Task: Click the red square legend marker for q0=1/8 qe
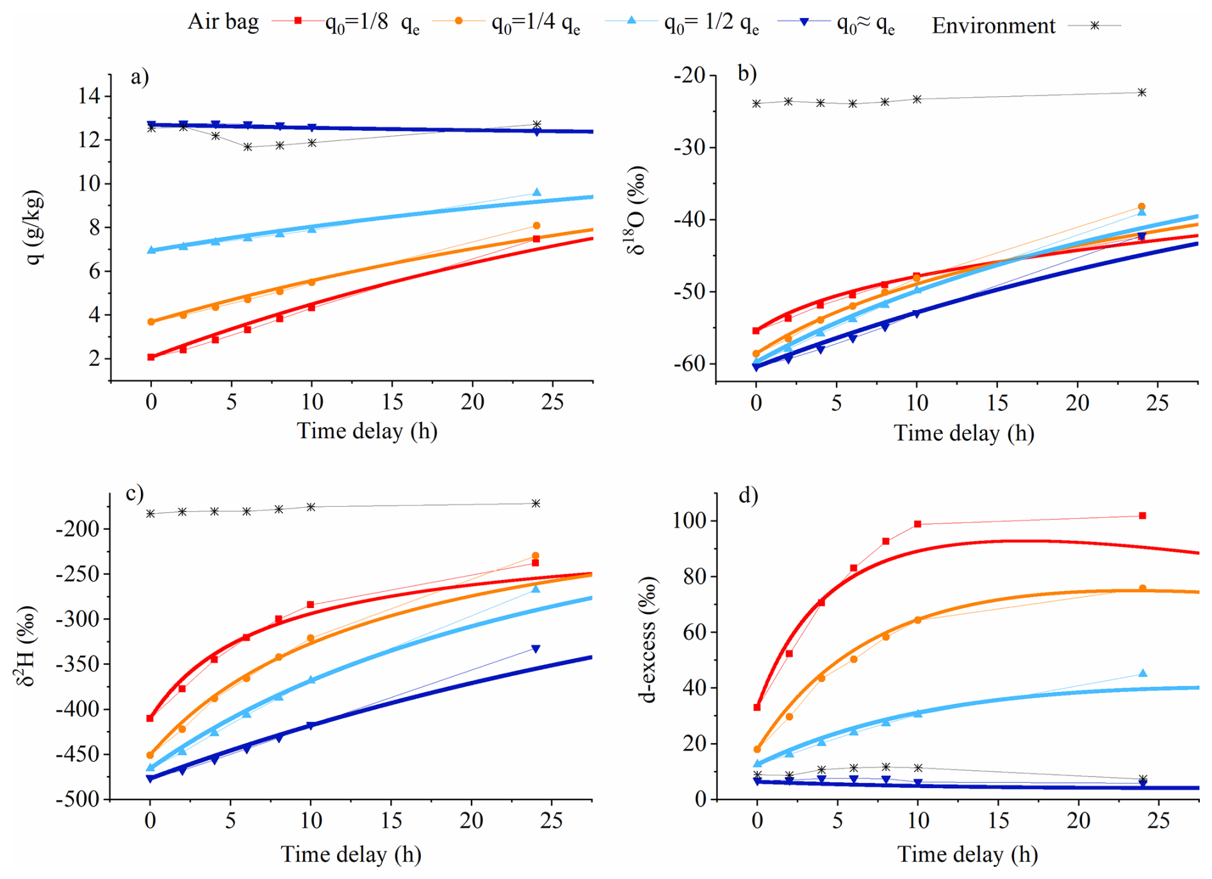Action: click(298, 21)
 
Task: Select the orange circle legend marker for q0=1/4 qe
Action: click(459, 21)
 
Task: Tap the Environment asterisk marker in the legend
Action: click(1095, 26)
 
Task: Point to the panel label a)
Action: click(140, 78)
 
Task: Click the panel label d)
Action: click(748, 495)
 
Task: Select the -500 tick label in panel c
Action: click(78, 800)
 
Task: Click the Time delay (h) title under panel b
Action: click(963, 433)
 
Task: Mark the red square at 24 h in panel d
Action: click(1142, 516)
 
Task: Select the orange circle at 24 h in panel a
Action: click(537, 226)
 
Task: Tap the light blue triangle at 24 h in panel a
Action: click(537, 192)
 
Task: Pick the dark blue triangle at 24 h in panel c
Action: click(536, 649)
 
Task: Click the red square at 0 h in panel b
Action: click(756, 331)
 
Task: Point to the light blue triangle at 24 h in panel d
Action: click(1143, 673)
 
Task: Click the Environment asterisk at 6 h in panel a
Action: click(248, 147)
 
